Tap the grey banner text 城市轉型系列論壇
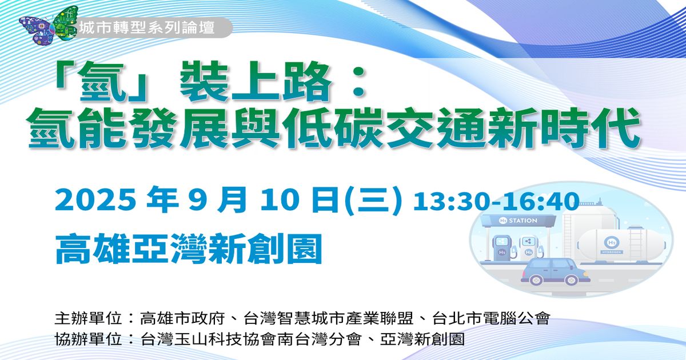tap(147, 28)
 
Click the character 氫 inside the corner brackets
tap(102, 81)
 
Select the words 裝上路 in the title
tap(256, 81)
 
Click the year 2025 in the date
tap(95, 201)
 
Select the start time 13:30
tap(451, 201)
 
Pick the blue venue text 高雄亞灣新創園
tap(189, 249)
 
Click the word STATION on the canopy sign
tap(523, 221)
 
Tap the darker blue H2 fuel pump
tap(502, 248)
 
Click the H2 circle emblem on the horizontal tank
tap(612, 243)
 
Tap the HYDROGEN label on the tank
tap(612, 252)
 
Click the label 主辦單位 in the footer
tap(89, 318)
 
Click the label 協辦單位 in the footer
tap(89, 339)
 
